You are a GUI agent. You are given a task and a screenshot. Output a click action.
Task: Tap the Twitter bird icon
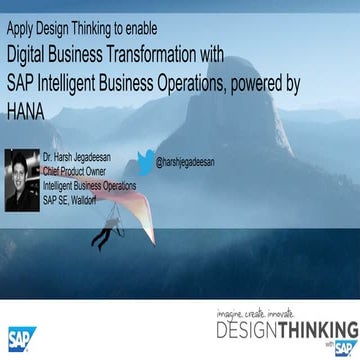146,159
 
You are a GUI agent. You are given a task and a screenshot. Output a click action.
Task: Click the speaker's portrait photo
22,180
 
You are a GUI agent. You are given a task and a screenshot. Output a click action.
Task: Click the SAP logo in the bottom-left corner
22,339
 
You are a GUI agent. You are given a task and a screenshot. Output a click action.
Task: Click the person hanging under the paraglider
101,234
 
